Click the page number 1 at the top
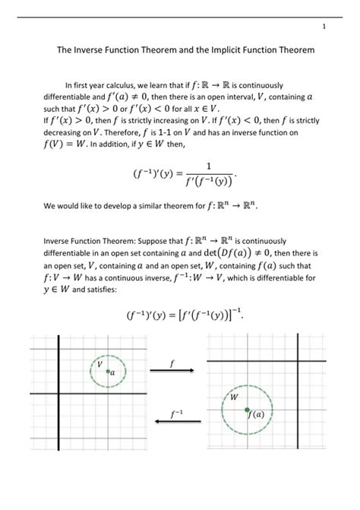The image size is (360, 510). coord(324,28)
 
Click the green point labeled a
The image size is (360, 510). coord(108,372)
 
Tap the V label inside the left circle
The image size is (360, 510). coord(99,365)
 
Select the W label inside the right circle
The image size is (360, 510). coord(233,398)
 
